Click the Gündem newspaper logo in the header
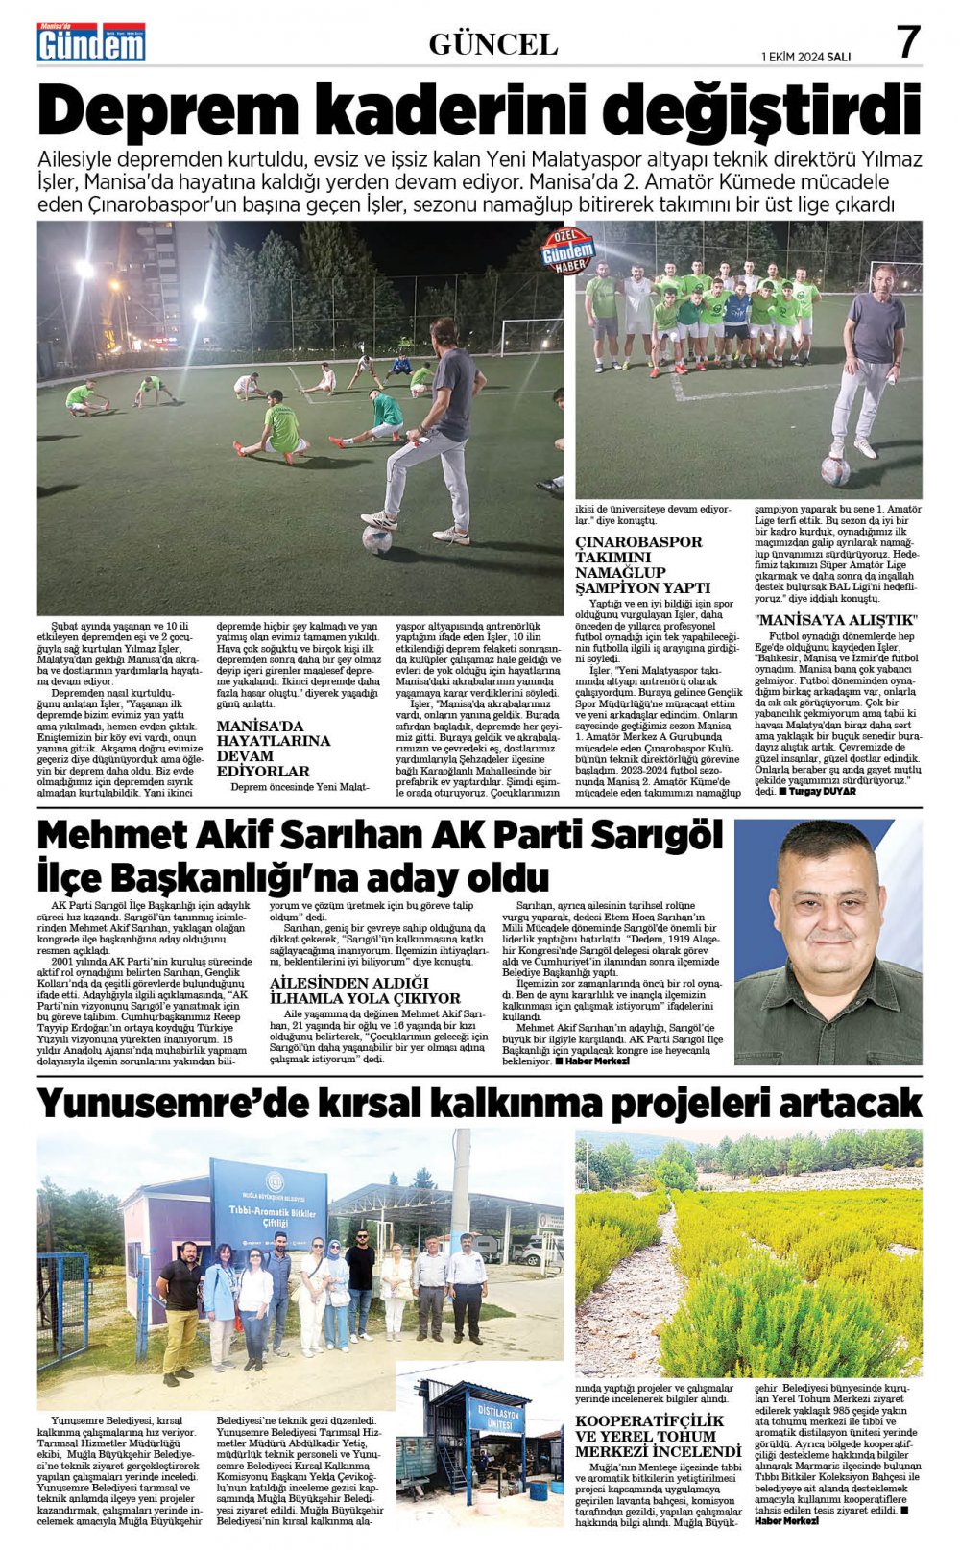tap(91, 43)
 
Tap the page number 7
tap(907, 42)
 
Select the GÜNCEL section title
tap(492, 44)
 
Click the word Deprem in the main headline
tap(142, 111)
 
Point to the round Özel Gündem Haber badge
tap(568, 251)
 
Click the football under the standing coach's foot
tap(376, 539)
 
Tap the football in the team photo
tap(835, 469)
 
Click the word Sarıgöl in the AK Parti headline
tap(656, 836)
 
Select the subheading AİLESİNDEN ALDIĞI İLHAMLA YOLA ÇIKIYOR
tap(365, 990)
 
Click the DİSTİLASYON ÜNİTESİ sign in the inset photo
tap(499, 1416)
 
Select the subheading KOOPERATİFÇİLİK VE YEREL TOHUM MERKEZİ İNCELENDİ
tap(658, 1436)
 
